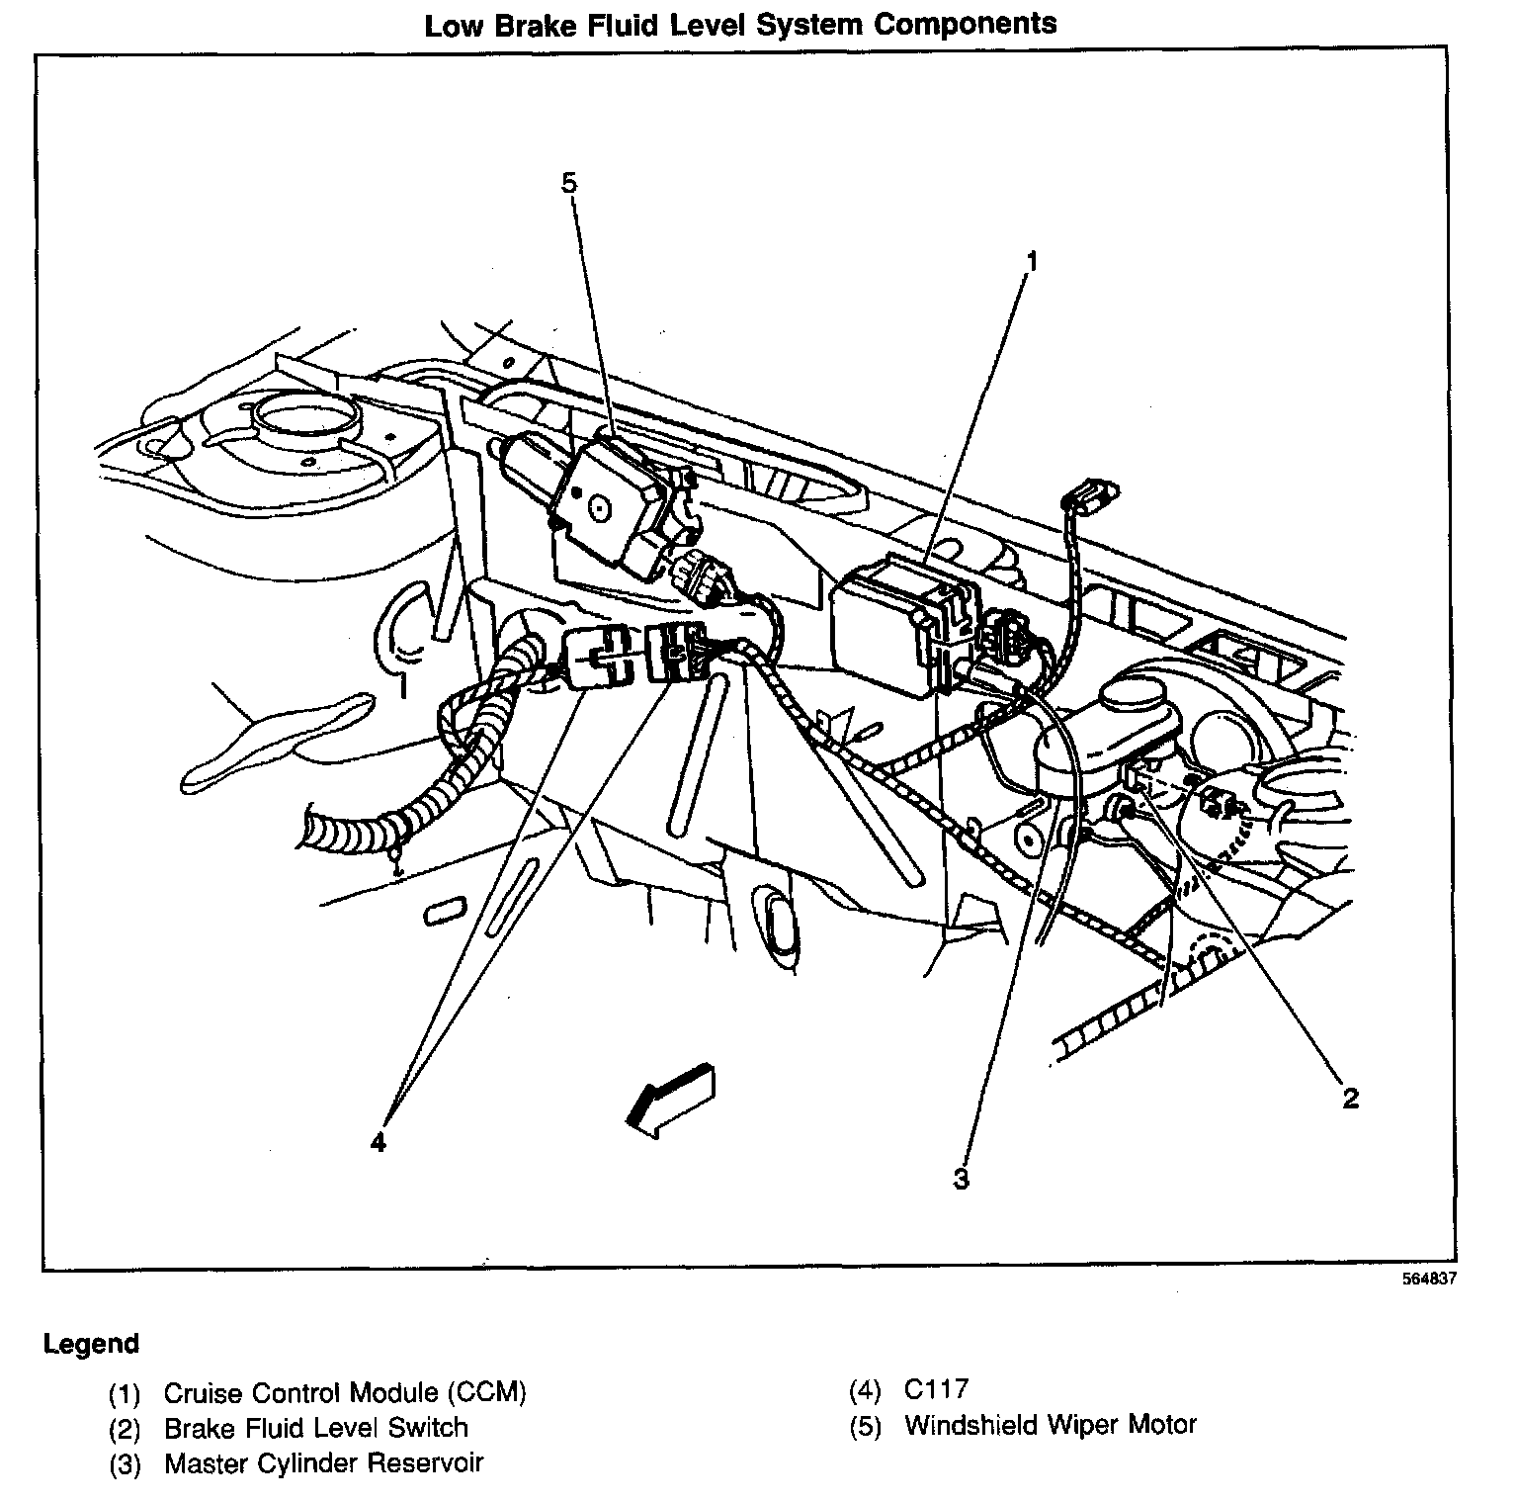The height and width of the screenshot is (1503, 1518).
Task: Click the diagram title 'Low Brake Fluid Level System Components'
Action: click(740, 25)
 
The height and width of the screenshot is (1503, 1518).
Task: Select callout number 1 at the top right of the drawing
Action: click(1031, 262)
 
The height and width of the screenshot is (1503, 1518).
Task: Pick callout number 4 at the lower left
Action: click(378, 1142)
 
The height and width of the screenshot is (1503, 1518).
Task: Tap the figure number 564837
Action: click(1428, 1279)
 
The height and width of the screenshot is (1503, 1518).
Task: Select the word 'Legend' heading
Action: click(91, 1344)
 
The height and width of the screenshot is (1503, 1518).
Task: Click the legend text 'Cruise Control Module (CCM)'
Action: click(345, 1393)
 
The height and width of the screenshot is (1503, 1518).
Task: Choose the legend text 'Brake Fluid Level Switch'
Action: click(315, 1428)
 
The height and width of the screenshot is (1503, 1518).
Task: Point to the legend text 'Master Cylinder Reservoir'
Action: click(323, 1463)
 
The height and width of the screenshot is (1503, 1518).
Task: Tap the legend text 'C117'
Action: click(935, 1389)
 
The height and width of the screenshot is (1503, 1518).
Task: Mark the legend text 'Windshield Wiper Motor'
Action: click(1050, 1425)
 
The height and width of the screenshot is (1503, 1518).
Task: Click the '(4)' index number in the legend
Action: click(864, 1390)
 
